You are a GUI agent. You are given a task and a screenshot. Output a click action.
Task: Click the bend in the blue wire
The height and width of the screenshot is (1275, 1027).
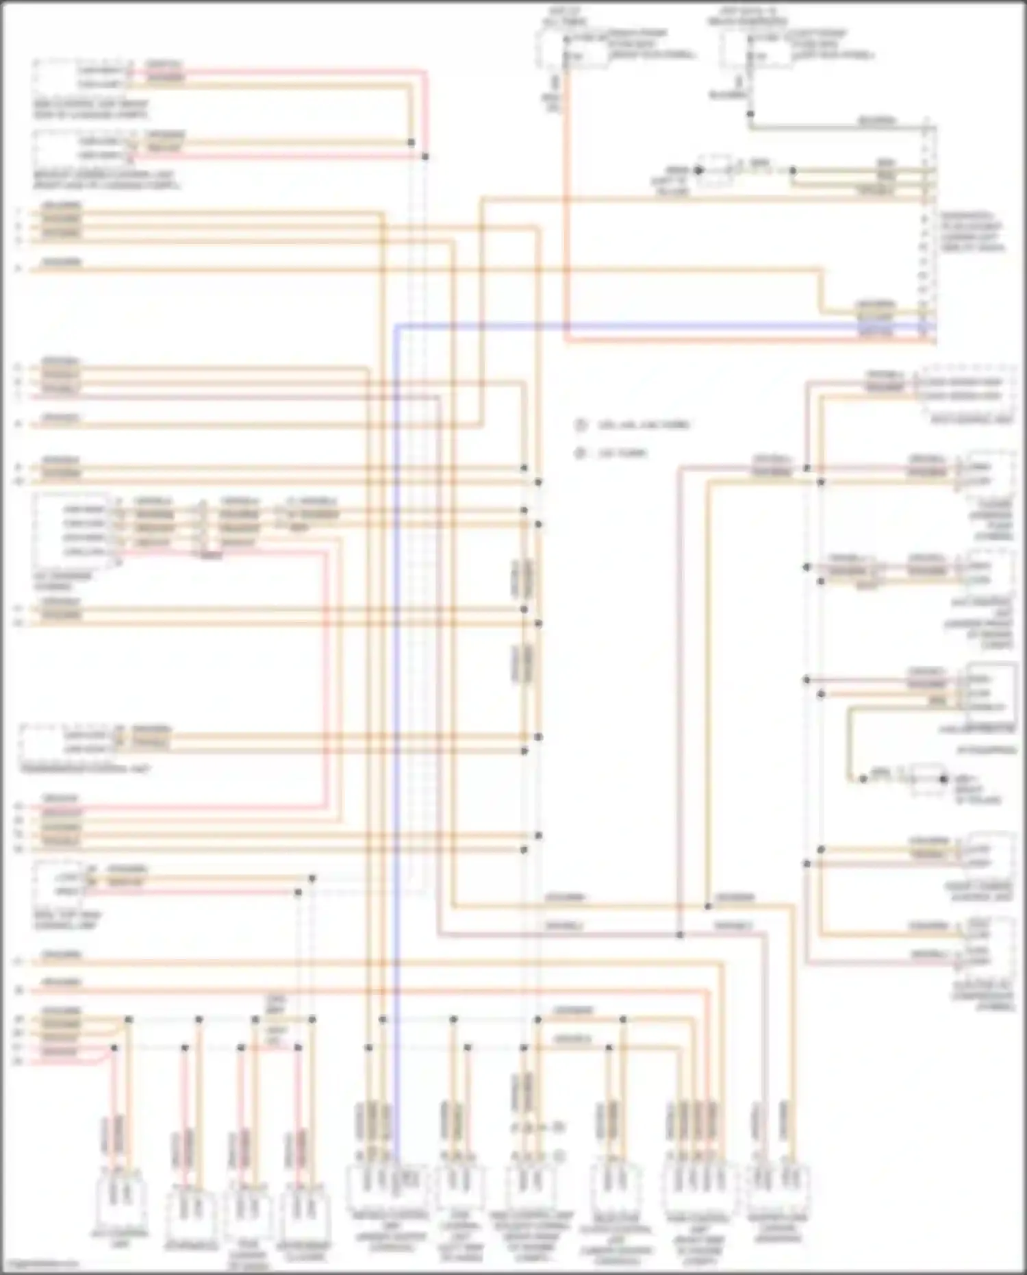pyautogui.click(x=396, y=326)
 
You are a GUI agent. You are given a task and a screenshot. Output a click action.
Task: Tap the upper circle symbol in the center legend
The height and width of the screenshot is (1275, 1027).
pyautogui.click(x=581, y=425)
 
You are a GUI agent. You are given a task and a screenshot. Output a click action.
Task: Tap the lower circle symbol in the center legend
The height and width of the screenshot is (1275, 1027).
pyautogui.click(x=581, y=453)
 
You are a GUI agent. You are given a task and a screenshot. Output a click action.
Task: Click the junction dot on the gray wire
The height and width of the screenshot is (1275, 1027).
pyautogui.click(x=750, y=114)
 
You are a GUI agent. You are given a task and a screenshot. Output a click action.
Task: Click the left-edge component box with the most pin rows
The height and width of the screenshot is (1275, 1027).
pyautogui.click(x=74, y=530)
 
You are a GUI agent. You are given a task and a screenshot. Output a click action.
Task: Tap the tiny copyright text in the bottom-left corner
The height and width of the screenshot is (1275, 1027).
pyautogui.click(x=38, y=1263)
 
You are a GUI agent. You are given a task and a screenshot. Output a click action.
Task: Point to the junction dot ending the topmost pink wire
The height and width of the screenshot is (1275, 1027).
pyautogui.click(x=425, y=157)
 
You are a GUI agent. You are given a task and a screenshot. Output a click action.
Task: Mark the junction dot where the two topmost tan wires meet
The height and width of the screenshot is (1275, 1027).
pyautogui.click(x=411, y=143)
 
